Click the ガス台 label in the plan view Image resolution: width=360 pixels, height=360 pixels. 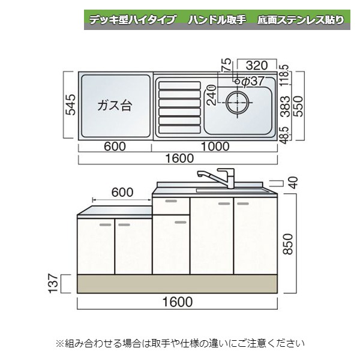[x=115, y=106]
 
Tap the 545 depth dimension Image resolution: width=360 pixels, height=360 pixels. [x=70, y=104]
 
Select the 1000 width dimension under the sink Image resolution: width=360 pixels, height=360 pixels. [x=215, y=146]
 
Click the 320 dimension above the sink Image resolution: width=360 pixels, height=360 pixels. [x=257, y=65]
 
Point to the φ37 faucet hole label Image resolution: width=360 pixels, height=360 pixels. [x=253, y=81]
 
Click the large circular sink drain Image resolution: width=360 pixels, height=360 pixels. [x=237, y=103]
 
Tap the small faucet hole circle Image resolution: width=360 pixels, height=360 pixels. [x=237, y=81]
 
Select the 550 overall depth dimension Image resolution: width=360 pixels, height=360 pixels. [x=299, y=106]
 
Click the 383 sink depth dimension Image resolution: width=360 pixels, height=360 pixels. [x=286, y=106]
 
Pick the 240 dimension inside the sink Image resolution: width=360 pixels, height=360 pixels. [x=212, y=95]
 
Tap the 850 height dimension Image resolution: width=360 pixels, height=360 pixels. [x=288, y=244]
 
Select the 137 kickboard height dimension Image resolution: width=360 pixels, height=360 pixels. [x=53, y=283]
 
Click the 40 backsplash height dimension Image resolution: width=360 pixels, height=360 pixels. [x=294, y=183]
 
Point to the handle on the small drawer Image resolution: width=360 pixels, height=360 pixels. [x=171, y=201]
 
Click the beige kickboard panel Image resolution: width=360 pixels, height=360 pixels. [x=177, y=284]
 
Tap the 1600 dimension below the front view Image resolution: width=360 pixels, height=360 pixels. [x=177, y=302]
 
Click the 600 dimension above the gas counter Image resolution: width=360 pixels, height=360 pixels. [x=122, y=193]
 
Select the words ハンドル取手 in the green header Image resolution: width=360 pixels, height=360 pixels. [x=217, y=20]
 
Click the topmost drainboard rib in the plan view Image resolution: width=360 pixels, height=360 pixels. [x=180, y=86]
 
